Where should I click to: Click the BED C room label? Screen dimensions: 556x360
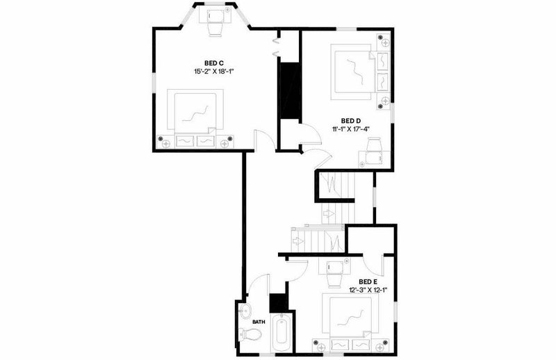(x=213, y=63)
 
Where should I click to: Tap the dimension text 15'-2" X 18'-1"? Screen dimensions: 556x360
(x=214, y=72)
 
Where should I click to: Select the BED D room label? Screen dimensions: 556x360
(x=351, y=121)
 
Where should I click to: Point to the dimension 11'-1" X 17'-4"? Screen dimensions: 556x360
(x=351, y=129)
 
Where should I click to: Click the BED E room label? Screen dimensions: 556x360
(x=368, y=281)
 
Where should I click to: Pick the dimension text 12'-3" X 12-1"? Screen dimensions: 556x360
(x=368, y=290)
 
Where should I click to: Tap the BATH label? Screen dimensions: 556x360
(x=259, y=322)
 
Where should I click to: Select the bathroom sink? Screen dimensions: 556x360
(x=245, y=312)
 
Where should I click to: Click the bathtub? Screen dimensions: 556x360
(x=281, y=333)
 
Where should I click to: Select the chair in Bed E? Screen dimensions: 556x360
(x=334, y=273)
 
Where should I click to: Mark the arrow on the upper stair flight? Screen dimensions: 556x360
(x=328, y=214)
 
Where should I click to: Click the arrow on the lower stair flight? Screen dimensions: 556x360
(x=297, y=241)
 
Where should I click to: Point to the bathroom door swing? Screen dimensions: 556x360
(x=258, y=283)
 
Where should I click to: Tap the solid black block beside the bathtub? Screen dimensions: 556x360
(x=279, y=302)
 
